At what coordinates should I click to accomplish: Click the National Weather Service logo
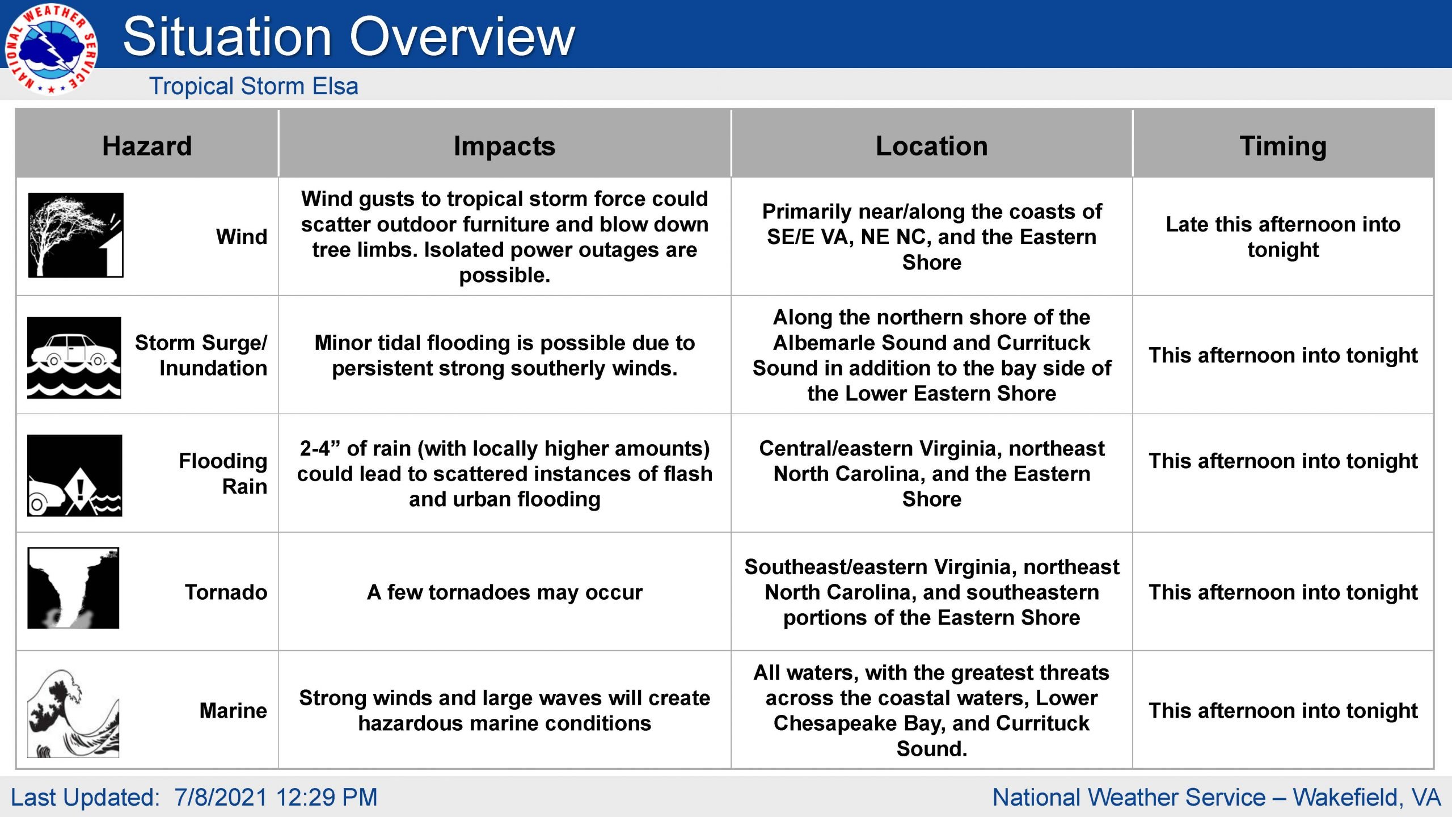(51, 49)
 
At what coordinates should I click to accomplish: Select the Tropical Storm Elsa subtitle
(254, 86)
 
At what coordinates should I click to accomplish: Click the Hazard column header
(147, 146)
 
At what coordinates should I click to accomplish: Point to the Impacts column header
(504, 146)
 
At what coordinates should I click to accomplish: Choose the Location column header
(931, 146)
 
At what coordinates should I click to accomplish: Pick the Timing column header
(1283, 146)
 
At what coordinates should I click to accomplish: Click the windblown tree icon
(75, 235)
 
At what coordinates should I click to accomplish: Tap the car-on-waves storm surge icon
(74, 357)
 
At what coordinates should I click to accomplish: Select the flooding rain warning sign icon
(75, 475)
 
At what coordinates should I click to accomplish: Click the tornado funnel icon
(73, 588)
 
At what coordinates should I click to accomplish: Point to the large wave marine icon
(73, 713)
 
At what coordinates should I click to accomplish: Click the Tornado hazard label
(226, 592)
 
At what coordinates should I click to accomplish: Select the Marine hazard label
(233, 710)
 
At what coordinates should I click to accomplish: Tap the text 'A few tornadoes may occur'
(505, 592)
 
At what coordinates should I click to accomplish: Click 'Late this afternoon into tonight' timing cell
(1283, 237)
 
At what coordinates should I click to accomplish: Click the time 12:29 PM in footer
(326, 797)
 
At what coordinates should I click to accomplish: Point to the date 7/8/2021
(221, 797)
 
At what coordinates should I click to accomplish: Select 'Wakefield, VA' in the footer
(1367, 798)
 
